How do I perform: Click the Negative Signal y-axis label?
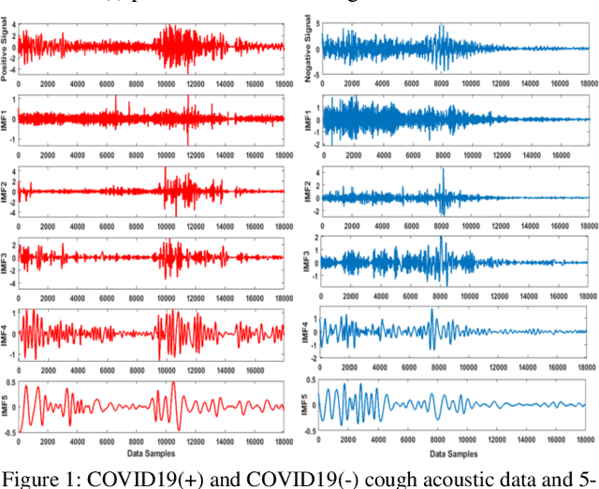click(307, 47)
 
